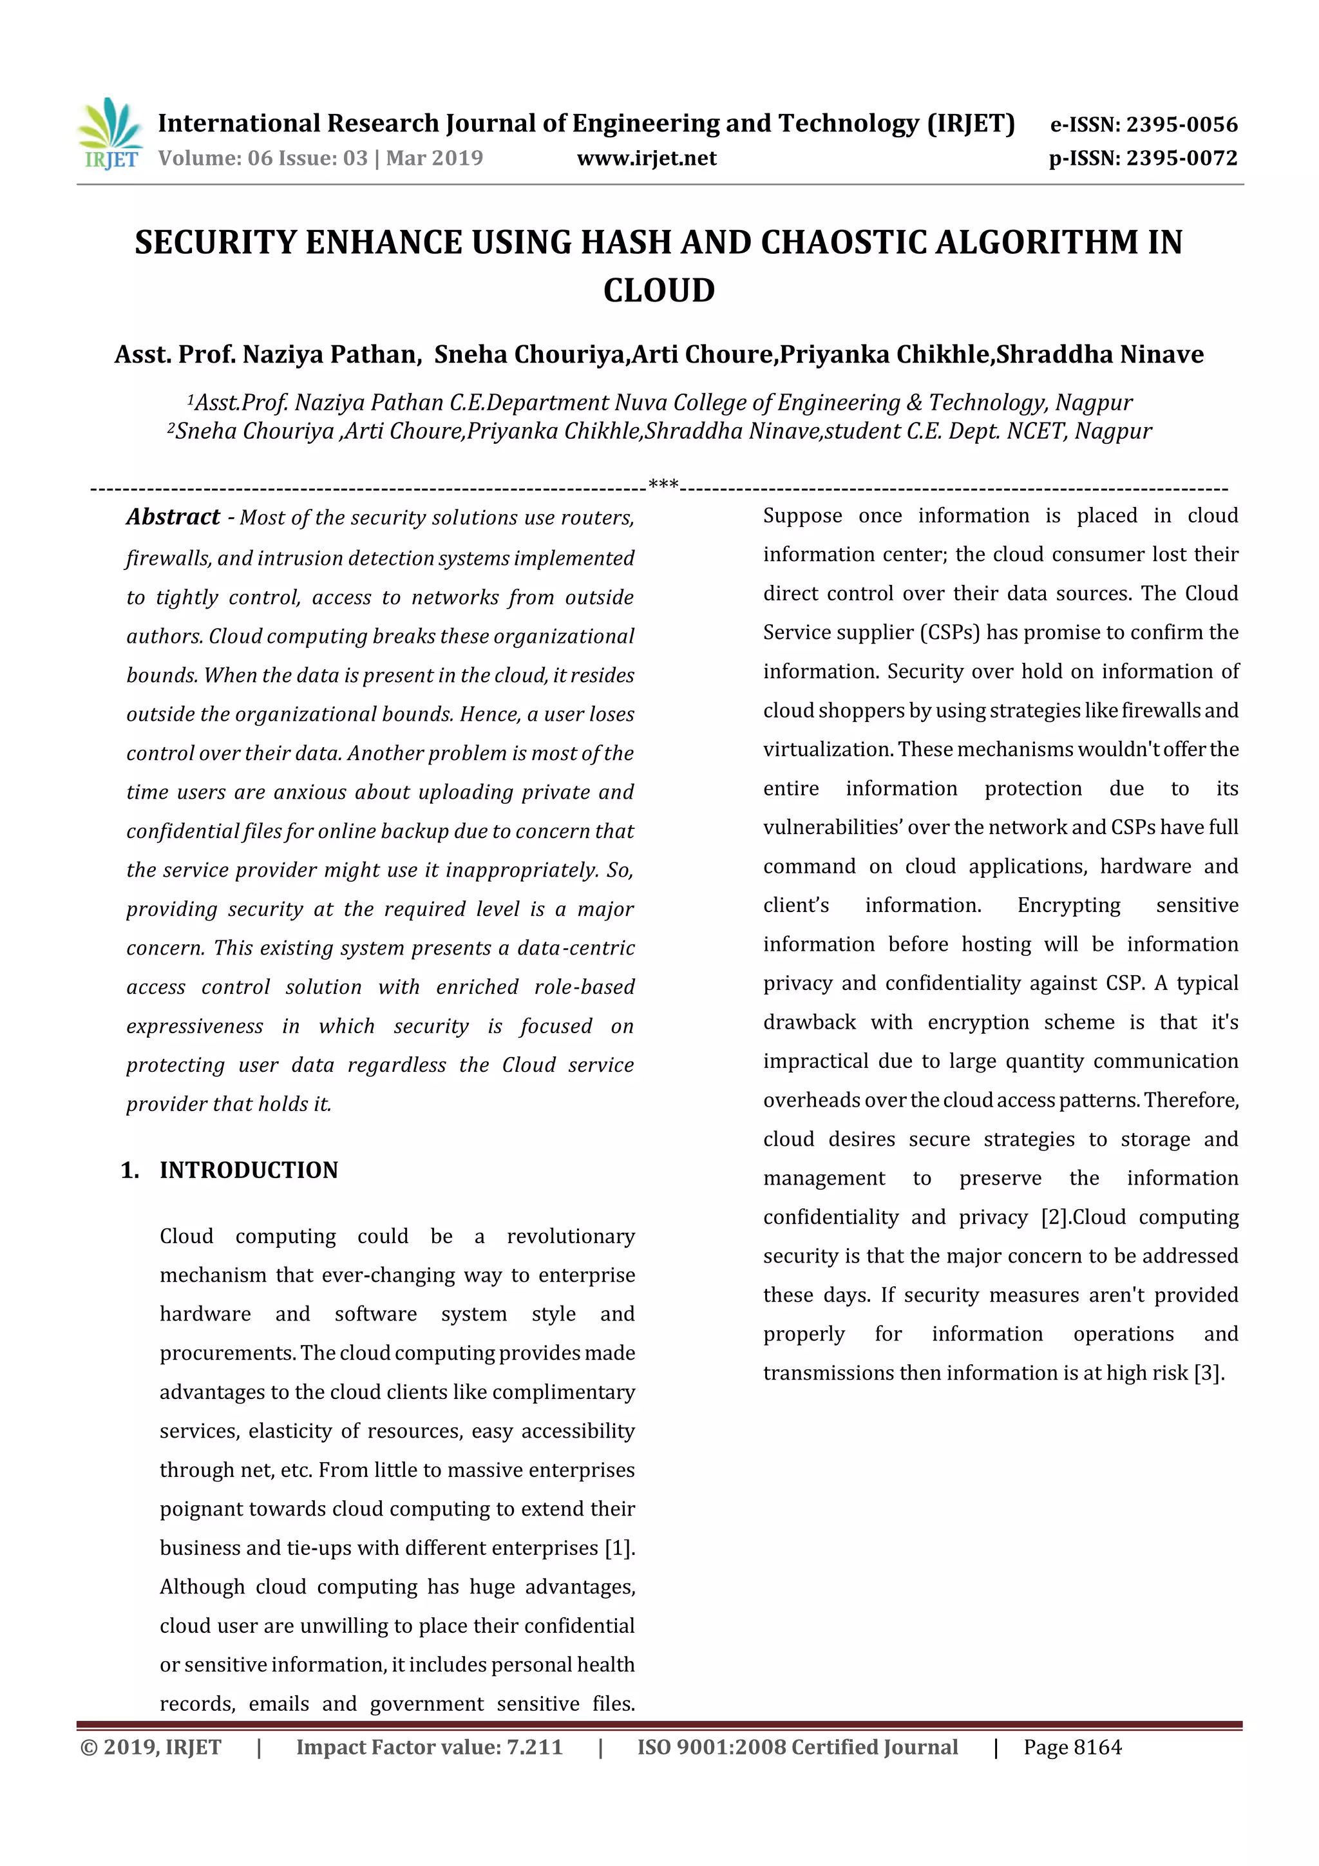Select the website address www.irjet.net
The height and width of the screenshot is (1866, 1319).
tap(646, 158)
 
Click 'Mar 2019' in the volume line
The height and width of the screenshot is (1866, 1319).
tap(434, 158)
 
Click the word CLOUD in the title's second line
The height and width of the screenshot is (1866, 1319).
tap(658, 290)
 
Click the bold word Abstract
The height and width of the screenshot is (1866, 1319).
tap(173, 517)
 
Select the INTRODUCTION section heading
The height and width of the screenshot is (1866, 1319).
tap(248, 1170)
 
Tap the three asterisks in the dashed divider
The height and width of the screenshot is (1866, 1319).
tap(663, 486)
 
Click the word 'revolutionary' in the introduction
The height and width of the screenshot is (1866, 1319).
tap(571, 1236)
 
